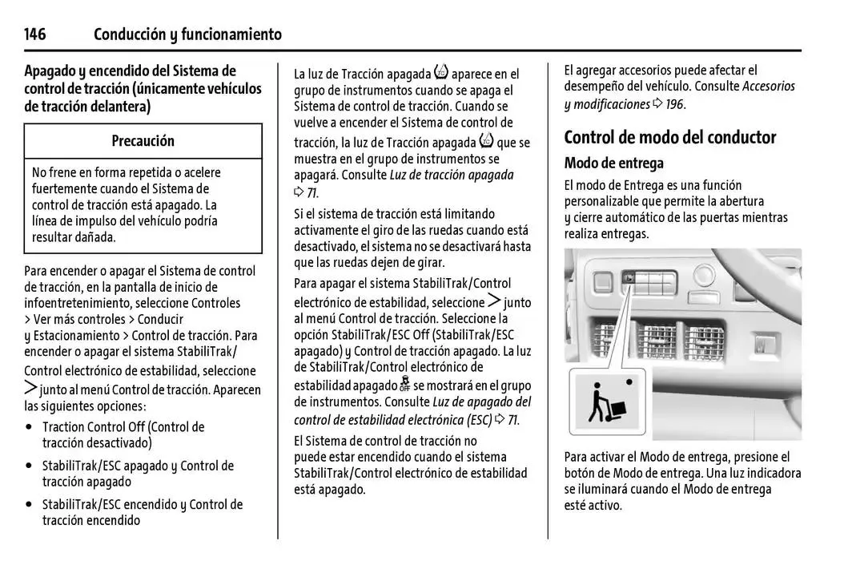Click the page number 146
pyautogui.click(x=35, y=34)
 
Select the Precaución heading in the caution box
pyautogui.click(x=143, y=141)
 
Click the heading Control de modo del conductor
pyautogui.click(x=669, y=137)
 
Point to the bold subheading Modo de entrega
pyautogui.click(x=613, y=163)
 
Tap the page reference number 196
pyautogui.click(x=674, y=104)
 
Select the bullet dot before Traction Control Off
pyautogui.click(x=30, y=428)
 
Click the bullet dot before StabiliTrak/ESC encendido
pyautogui.click(x=30, y=505)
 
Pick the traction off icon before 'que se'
pyautogui.click(x=486, y=142)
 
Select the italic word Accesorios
pyautogui.click(x=769, y=87)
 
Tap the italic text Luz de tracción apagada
pyautogui.click(x=452, y=175)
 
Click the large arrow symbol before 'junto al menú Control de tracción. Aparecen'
pyautogui.click(x=30, y=389)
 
